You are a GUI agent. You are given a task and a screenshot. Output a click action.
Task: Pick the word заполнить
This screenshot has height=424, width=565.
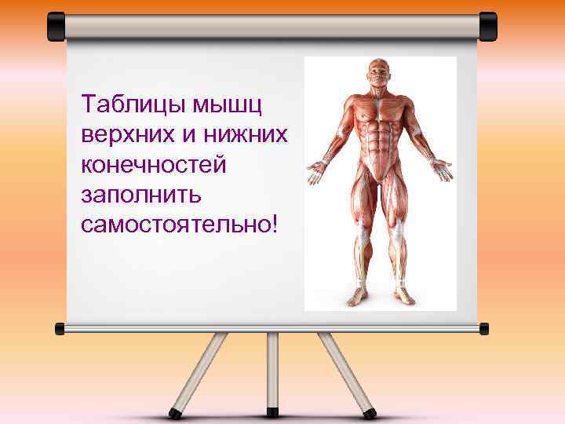click(x=130, y=194)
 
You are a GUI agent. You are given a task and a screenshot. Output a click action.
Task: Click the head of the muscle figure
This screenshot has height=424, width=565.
click(x=380, y=77)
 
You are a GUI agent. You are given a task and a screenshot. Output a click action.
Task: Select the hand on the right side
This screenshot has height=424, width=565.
click(x=442, y=167)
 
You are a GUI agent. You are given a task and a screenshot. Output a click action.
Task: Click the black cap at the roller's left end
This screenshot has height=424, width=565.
click(x=56, y=27)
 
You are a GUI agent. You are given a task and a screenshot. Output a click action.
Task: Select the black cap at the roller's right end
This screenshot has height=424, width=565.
click(x=487, y=27)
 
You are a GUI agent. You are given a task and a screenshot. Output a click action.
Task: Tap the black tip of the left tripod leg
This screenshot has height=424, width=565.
click(x=177, y=411)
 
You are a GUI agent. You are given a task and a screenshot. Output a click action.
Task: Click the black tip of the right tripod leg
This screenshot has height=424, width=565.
click(x=370, y=411)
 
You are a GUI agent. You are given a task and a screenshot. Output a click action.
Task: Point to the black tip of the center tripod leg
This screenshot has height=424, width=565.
click(x=273, y=412)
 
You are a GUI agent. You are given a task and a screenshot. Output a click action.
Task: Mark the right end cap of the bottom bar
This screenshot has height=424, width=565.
click(x=483, y=328)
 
